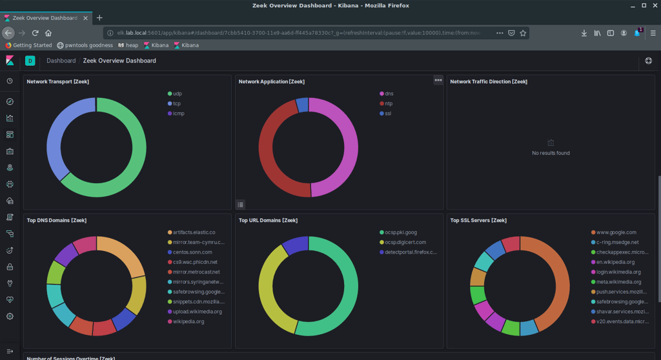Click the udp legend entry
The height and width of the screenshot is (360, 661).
click(177, 94)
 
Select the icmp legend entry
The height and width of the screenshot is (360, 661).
click(178, 114)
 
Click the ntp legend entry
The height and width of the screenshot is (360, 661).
click(389, 103)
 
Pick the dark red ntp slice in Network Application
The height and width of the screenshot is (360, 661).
click(271, 155)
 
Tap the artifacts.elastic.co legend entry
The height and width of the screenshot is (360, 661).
click(194, 232)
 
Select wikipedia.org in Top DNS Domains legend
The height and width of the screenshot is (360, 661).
click(188, 321)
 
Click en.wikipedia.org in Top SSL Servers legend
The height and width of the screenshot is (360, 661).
click(616, 262)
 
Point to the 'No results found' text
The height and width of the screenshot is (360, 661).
click(550, 153)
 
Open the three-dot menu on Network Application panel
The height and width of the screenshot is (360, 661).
click(438, 81)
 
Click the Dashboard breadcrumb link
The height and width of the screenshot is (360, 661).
click(61, 61)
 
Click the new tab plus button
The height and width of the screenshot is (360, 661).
click(99, 18)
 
